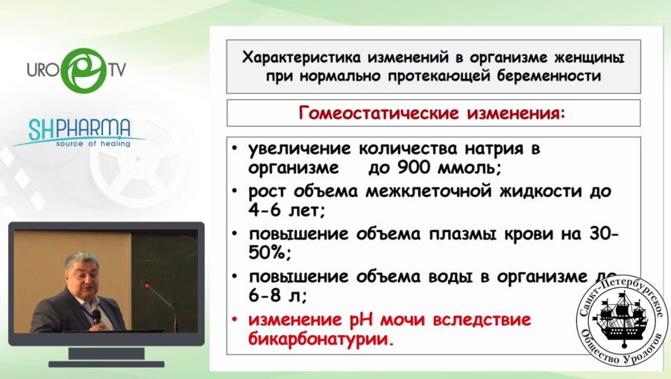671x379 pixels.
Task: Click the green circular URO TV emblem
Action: (84, 70)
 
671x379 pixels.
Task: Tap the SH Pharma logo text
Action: (80, 129)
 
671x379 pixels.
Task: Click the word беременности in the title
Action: (549, 76)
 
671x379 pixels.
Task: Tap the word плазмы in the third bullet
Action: (462, 234)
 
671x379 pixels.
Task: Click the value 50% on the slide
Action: (267, 253)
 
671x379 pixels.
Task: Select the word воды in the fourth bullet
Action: (450, 277)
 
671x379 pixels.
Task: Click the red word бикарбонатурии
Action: (319, 339)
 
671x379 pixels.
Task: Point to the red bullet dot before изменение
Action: (234, 320)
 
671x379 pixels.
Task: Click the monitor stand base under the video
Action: (106, 364)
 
